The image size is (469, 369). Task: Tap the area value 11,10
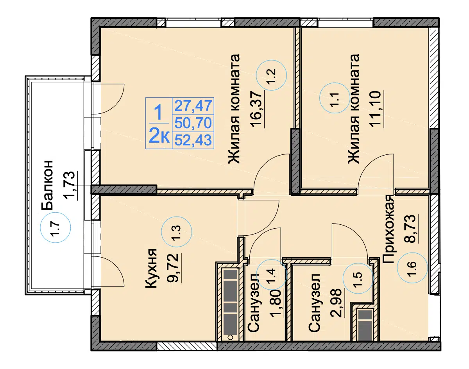point(375,108)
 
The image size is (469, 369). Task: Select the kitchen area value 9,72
point(173,268)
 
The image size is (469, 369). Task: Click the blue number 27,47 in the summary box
point(193,106)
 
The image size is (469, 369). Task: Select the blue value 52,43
point(193,140)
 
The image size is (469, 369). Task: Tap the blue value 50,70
point(193,123)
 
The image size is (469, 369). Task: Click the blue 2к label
point(159,135)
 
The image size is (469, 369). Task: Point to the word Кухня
point(151,268)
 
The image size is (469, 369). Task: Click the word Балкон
point(47,185)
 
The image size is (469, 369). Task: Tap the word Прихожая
point(388,229)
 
